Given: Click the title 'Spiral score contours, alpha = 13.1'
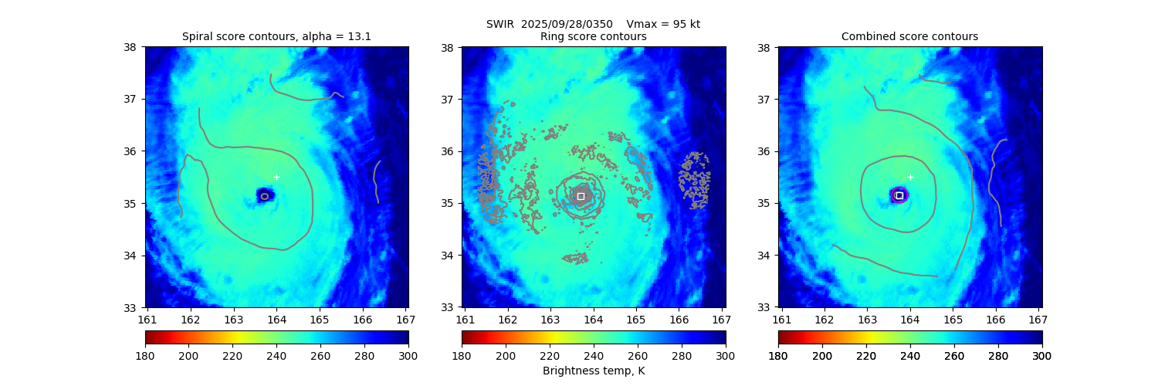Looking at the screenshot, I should click(x=276, y=36).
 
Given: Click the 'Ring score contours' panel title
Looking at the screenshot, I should click(x=593, y=36).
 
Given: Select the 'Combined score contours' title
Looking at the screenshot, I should click(x=909, y=36).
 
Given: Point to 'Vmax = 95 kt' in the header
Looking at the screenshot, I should click(x=664, y=24).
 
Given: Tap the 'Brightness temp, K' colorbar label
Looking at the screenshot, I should click(x=593, y=371).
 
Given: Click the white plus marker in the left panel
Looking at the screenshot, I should click(x=276, y=177).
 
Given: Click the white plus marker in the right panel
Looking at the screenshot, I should click(x=910, y=177).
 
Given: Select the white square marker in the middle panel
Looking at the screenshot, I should click(x=581, y=196).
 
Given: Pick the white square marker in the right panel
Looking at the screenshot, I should click(x=899, y=195).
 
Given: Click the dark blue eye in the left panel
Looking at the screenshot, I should click(x=265, y=195).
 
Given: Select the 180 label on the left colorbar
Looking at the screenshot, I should click(x=145, y=356).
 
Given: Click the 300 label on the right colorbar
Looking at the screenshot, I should click(x=1042, y=356).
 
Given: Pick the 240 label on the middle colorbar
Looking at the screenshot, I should click(x=594, y=356).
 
